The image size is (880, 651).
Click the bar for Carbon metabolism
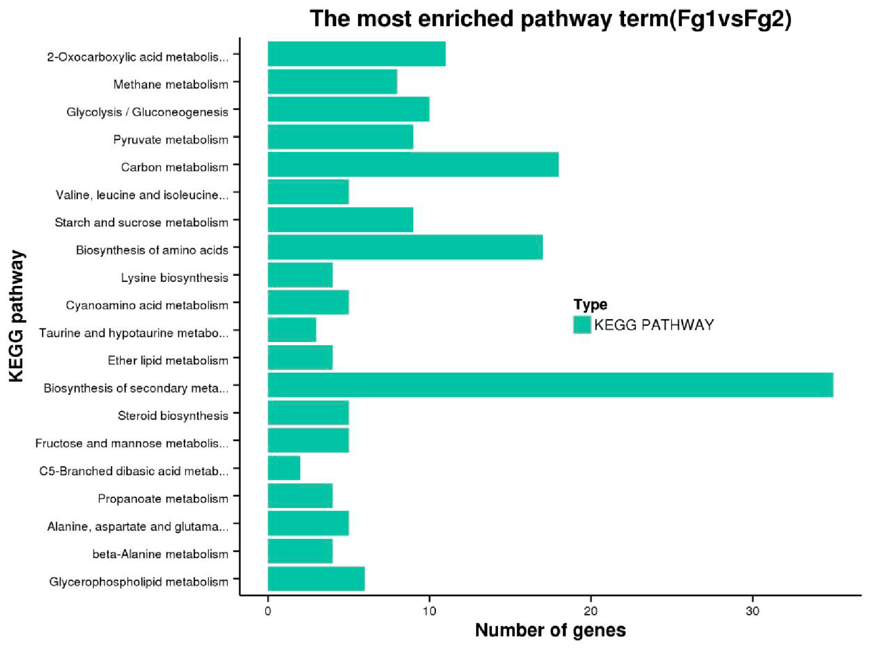[x=413, y=164]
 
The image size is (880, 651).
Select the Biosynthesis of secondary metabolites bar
[x=550, y=385]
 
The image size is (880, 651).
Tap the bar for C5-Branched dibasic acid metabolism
[x=284, y=468]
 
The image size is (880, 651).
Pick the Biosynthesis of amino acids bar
[x=405, y=247]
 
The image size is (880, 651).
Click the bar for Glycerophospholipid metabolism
[x=316, y=579]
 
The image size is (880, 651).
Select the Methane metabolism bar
[x=332, y=81]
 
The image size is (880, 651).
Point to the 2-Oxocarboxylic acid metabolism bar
[x=357, y=54]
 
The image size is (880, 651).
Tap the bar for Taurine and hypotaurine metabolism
[x=292, y=330]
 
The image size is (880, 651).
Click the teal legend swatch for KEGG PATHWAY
[x=582, y=325]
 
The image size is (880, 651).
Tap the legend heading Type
[x=590, y=305]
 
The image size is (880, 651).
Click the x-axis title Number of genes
[x=550, y=630]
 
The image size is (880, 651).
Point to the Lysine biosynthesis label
[x=174, y=278]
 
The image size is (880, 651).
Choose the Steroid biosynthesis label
[x=173, y=416]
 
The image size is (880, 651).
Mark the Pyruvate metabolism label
[x=171, y=140]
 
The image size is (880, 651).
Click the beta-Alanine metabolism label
[x=160, y=554]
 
